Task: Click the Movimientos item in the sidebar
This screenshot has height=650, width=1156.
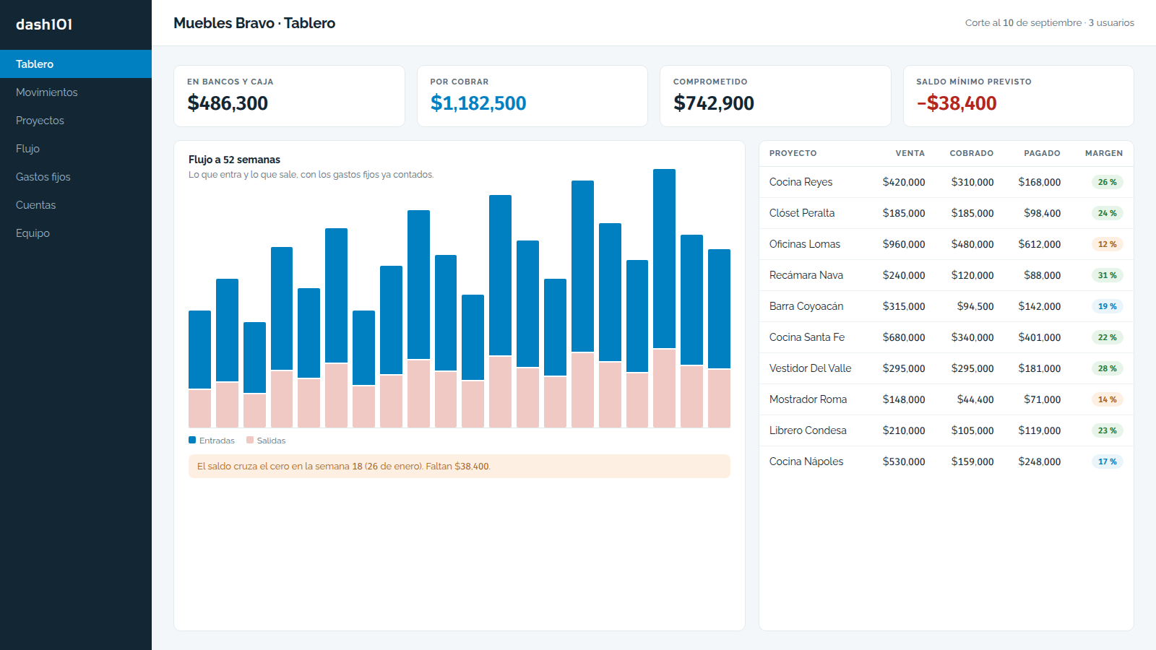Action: coord(46,92)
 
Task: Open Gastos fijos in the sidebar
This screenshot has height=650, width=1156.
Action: coord(43,177)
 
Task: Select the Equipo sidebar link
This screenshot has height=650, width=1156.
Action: coord(33,233)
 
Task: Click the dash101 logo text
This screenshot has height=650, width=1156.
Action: coord(44,25)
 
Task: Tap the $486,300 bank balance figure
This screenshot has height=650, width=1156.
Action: coord(228,103)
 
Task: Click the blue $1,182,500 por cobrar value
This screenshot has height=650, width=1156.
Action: coord(478,103)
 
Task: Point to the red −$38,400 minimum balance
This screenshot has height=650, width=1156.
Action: coord(957,103)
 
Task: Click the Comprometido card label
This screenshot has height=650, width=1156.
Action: coord(710,82)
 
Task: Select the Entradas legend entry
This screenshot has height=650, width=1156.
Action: coord(212,441)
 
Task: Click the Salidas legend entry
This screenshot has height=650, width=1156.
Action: coord(266,441)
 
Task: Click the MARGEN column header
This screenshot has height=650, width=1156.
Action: coord(1104,153)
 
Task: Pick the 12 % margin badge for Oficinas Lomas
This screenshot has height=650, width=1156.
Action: coord(1107,244)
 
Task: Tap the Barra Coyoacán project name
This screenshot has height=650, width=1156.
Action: coord(806,306)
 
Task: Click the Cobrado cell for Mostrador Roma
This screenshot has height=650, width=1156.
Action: coord(975,399)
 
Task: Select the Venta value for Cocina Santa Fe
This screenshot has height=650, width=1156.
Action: coord(904,337)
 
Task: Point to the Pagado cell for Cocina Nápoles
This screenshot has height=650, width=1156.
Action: coord(1040,461)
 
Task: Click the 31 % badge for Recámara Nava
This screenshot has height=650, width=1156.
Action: coord(1107,275)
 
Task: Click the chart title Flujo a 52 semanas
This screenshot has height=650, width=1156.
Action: coord(234,160)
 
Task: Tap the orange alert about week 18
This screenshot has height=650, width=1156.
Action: coord(460,467)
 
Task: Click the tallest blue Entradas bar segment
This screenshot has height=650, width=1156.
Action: coord(664,259)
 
